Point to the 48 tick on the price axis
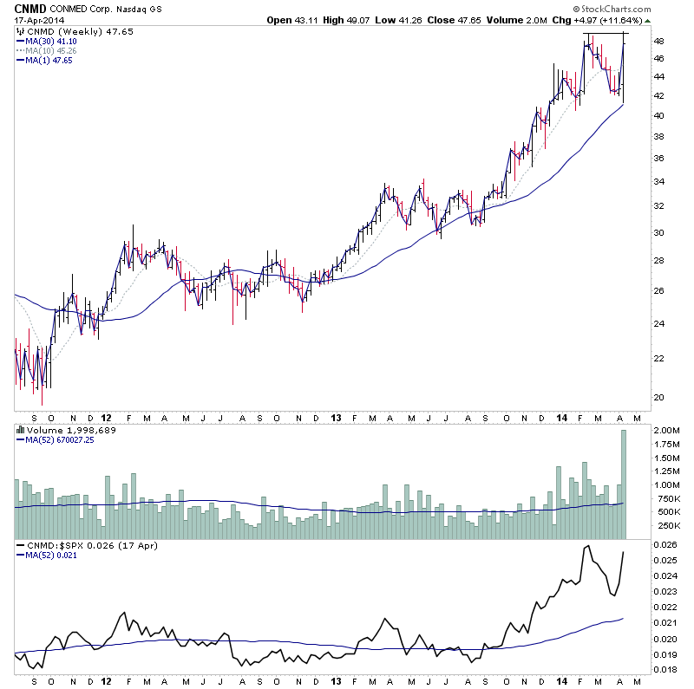click(x=658, y=42)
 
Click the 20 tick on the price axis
click(x=658, y=398)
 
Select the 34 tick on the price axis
click(x=658, y=181)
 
